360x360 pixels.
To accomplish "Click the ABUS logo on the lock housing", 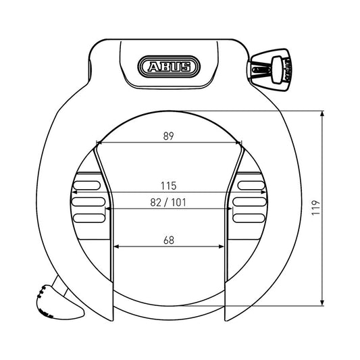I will pyautogui.click(x=170, y=66).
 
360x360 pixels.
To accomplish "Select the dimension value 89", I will pyautogui.click(x=169, y=135).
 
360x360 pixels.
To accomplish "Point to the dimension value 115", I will pyautogui.click(x=169, y=184).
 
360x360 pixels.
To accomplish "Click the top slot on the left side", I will pyautogui.click(x=87, y=184).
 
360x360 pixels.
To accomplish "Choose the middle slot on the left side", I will pyautogui.click(x=87, y=201).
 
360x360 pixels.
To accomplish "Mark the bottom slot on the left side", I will pyautogui.click(x=87, y=217).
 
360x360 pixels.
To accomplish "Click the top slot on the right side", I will pyautogui.click(x=251, y=184).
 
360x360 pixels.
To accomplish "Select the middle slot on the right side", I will pyautogui.click(x=251, y=201).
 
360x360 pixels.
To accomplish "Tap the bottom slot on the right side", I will pyautogui.click(x=251, y=217).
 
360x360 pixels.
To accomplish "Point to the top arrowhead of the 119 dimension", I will pyautogui.click(x=322, y=115).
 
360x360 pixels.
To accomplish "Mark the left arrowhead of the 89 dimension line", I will pyautogui.click(x=100, y=143).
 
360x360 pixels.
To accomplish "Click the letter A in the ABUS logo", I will pyautogui.click(x=151, y=66).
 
